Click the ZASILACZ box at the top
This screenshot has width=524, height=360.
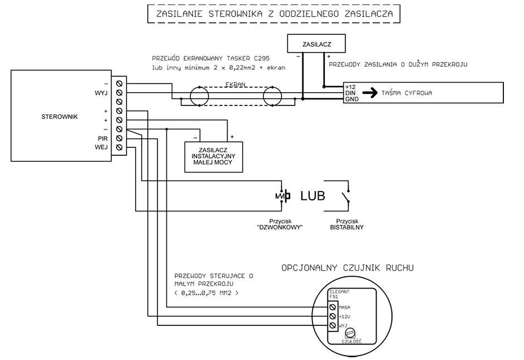click(316, 44)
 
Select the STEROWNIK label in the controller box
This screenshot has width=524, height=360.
click(60, 117)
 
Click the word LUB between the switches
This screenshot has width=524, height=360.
click(313, 196)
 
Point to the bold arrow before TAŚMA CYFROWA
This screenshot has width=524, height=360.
click(369, 93)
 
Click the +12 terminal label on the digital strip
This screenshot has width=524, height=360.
click(350, 87)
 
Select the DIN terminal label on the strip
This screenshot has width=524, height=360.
click(350, 93)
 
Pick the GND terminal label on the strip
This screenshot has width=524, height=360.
click(350, 99)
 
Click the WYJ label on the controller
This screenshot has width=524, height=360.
click(101, 93)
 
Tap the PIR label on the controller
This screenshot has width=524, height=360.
click(102, 138)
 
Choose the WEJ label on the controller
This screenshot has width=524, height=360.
click(101, 147)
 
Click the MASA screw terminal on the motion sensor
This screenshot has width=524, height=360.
click(333, 307)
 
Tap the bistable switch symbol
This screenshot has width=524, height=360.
click(346, 196)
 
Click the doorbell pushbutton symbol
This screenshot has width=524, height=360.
click(283, 196)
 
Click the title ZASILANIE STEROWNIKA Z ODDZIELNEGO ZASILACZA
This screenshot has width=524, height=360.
click(273, 13)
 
